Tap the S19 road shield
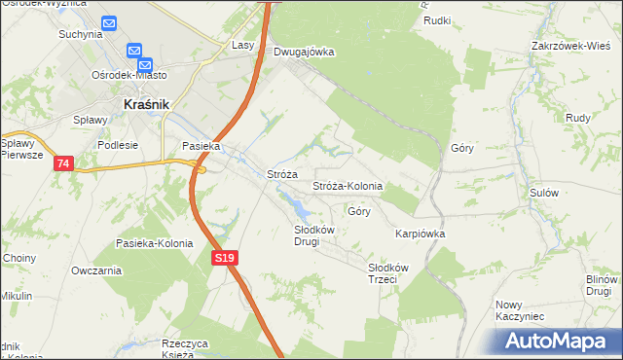click(224, 257)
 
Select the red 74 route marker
click(62, 163)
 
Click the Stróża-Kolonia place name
click(347, 186)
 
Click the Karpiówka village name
click(420, 234)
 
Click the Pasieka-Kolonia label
click(154, 243)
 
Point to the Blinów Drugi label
click(601, 285)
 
